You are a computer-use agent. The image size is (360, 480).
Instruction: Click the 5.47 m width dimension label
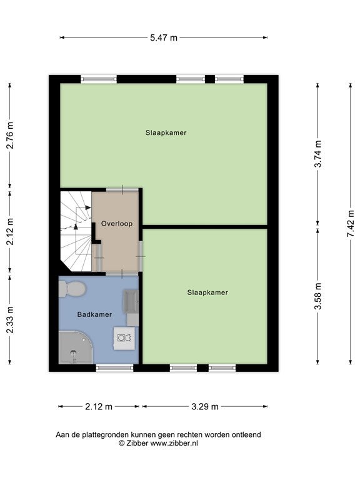[x=164, y=37]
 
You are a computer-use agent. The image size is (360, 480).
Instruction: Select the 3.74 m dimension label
[x=318, y=154]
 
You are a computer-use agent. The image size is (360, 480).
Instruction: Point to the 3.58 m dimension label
[x=318, y=296]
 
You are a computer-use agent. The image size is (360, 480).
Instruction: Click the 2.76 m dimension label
[x=10, y=135]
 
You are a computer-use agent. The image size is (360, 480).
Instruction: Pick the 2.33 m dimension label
[x=10, y=319]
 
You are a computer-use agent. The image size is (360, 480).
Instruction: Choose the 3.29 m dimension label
[x=205, y=406]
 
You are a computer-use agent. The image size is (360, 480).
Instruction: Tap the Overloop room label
[x=117, y=224]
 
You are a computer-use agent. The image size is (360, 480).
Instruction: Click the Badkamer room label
[x=94, y=314]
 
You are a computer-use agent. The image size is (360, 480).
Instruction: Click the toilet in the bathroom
[x=72, y=289]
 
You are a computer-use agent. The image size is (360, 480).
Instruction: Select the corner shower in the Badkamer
[x=75, y=347]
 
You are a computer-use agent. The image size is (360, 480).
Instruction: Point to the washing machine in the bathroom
[x=124, y=338]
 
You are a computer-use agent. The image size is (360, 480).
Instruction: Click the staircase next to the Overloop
[x=76, y=231]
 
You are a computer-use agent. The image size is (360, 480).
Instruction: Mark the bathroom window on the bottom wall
[x=115, y=367]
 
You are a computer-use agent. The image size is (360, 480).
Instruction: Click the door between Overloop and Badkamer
[x=122, y=273]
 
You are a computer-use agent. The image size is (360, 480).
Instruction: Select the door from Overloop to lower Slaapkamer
[x=141, y=256]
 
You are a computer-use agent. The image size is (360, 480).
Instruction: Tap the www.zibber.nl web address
[x=174, y=443]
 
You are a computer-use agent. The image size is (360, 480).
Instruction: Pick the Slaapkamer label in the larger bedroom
[x=166, y=132]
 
